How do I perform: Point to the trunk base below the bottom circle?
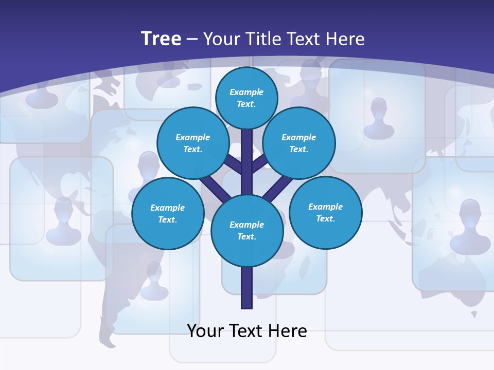(x=247, y=288)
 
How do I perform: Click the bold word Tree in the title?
(x=161, y=39)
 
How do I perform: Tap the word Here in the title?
(x=346, y=39)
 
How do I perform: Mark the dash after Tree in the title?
(x=192, y=40)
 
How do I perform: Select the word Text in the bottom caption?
(x=245, y=331)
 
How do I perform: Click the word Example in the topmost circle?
(x=246, y=92)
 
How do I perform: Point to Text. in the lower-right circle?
(x=325, y=219)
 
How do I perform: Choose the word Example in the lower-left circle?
(x=167, y=208)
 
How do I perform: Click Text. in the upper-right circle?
(x=298, y=150)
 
